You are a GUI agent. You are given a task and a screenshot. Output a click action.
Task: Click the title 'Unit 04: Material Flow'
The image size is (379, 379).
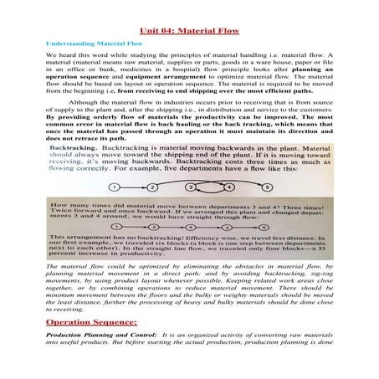(189, 32)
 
